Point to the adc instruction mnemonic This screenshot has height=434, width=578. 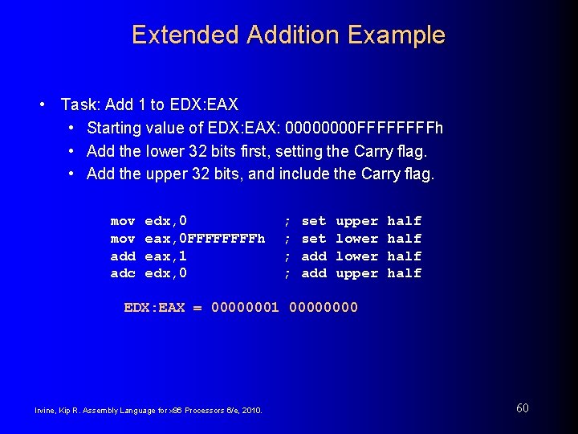pyautogui.click(x=123, y=273)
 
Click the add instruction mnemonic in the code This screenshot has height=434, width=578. pyautogui.click(x=123, y=256)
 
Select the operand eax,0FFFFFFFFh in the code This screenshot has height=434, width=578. pyautogui.click(x=205, y=238)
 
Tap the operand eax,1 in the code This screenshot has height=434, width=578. pyautogui.click(x=165, y=256)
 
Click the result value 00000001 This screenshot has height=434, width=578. pyautogui.click(x=245, y=307)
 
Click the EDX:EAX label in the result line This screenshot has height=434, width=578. pyautogui.click(x=154, y=307)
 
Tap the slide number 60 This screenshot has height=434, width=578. pyautogui.click(x=523, y=408)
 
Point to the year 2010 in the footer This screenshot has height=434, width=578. pyautogui.click(x=251, y=410)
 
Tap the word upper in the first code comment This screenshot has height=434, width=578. pyautogui.click(x=356, y=221)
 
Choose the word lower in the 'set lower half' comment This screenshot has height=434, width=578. pyautogui.click(x=356, y=238)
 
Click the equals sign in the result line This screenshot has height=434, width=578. pyautogui.click(x=197, y=307)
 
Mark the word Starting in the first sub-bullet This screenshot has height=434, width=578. pyautogui.click(x=114, y=128)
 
